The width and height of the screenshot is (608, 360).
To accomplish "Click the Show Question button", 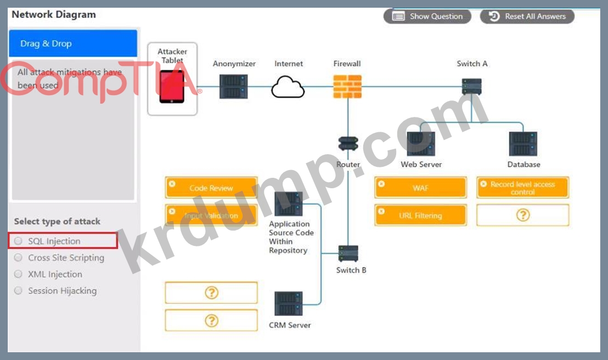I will pyautogui.click(x=427, y=16).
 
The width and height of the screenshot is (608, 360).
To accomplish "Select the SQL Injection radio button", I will pyautogui.click(x=19, y=241).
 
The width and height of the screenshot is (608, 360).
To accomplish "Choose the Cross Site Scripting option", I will pyautogui.click(x=19, y=257).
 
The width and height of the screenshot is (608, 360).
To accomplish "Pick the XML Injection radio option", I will pyautogui.click(x=19, y=274).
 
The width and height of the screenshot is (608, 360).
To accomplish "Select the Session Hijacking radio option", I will pyautogui.click(x=19, y=290).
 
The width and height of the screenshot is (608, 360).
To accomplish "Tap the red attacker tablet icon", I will pyautogui.click(x=172, y=87).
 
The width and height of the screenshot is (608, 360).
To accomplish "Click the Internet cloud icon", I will pyautogui.click(x=288, y=87).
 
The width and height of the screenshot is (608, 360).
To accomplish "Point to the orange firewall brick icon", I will pyautogui.click(x=347, y=86).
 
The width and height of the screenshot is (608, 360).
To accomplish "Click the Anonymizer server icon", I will pyautogui.click(x=234, y=86).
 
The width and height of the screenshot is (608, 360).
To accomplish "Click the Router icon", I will pyautogui.click(x=348, y=144).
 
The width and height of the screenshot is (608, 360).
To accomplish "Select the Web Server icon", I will pyautogui.click(x=421, y=144).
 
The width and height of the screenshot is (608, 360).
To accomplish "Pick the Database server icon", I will pyautogui.click(x=523, y=144).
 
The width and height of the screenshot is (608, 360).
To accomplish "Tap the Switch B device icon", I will pyautogui.click(x=348, y=254).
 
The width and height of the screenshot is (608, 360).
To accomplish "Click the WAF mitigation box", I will pyautogui.click(x=420, y=188).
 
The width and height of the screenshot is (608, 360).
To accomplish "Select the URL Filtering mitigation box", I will pyautogui.click(x=420, y=215).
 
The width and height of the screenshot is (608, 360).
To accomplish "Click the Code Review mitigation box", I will pyautogui.click(x=211, y=188).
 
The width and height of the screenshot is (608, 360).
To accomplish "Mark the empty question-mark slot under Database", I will pyautogui.click(x=522, y=215).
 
